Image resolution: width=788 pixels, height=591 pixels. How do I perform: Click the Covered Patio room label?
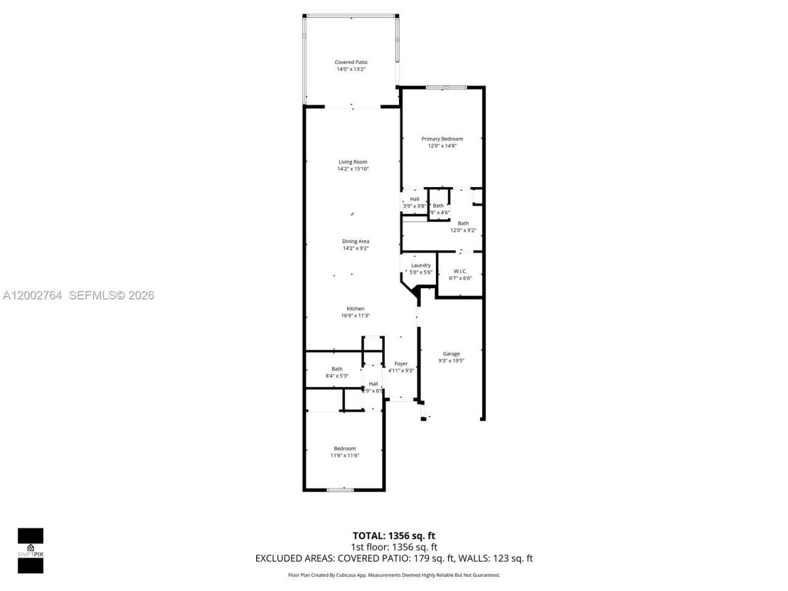(351, 62)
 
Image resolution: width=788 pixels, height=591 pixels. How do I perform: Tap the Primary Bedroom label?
(442, 139)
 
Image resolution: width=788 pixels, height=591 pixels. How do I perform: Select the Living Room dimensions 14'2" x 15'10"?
(353, 169)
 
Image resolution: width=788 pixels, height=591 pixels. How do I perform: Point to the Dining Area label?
(355, 241)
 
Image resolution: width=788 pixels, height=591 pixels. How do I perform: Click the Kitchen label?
(355, 309)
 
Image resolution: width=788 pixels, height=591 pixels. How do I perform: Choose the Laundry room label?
(421, 265)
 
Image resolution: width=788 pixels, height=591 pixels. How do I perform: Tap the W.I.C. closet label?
(460, 271)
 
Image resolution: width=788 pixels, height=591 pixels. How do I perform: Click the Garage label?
(451, 354)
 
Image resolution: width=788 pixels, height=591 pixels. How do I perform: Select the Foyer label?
(401, 364)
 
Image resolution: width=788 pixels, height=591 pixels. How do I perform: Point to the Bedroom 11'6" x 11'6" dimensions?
(345, 456)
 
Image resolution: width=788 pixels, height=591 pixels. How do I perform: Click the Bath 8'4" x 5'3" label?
(337, 369)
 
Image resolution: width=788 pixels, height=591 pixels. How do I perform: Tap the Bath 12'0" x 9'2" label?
(463, 223)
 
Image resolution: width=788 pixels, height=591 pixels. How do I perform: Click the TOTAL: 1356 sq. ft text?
(394, 536)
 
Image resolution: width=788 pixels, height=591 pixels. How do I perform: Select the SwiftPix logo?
(30, 550)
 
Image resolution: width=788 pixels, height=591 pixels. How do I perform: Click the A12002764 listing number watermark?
(33, 295)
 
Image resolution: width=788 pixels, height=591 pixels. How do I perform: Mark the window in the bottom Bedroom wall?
(340, 490)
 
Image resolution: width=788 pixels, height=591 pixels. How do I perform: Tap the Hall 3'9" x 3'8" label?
(414, 199)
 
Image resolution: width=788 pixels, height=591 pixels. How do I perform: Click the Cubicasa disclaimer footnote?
(394, 575)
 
